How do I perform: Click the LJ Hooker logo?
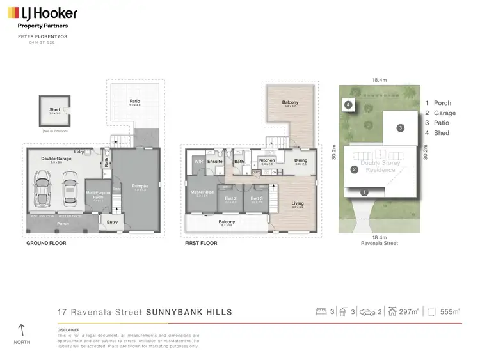(42, 13)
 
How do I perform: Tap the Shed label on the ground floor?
(54, 110)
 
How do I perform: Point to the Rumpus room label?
(140, 187)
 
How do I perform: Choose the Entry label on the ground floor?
(113, 222)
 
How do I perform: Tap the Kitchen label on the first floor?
(267, 160)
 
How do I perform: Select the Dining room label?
(300, 160)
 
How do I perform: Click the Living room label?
(298, 204)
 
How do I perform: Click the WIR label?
(198, 162)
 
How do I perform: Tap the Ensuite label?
(215, 162)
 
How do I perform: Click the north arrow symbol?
(22, 331)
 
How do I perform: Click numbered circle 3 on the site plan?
(400, 128)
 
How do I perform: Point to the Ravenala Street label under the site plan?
(380, 244)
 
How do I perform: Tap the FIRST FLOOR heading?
(202, 243)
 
